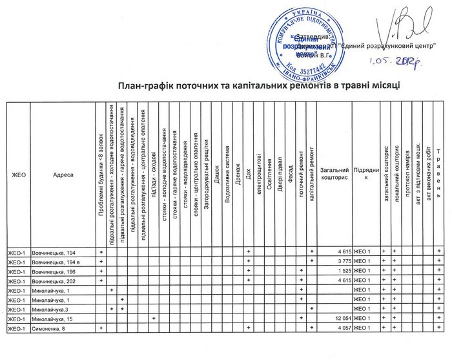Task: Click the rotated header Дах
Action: pos(249,173)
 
